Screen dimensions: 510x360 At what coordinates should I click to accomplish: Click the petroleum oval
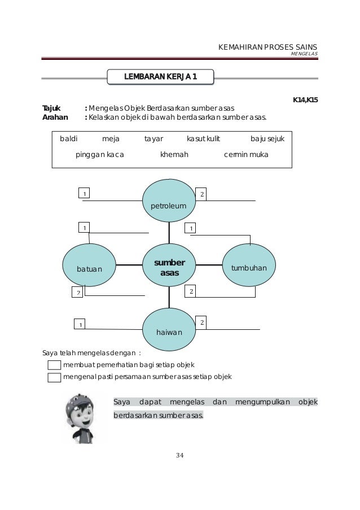pyautogui.click(x=168, y=202)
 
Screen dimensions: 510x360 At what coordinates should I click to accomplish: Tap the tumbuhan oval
pyautogui.click(x=249, y=264)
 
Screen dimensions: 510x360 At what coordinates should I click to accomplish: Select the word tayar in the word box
pyautogui.click(x=153, y=138)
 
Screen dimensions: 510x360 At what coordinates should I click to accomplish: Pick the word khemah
pyautogui.click(x=174, y=155)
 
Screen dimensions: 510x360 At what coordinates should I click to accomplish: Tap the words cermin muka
pyautogui.click(x=246, y=155)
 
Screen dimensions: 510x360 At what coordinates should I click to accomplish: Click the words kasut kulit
pyautogui.click(x=203, y=138)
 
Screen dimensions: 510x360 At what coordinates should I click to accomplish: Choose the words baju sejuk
pyautogui.click(x=267, y=138)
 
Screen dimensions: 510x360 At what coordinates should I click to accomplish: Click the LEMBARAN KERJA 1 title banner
pyautogui.click(x=160, y=76)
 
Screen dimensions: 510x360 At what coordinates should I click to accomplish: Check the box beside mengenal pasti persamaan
pyautogui.click(x=54, y=377)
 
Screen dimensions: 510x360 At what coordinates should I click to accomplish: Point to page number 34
pyautogui.click(x=179, y=455)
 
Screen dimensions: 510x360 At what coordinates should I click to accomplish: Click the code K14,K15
pyautogui.click(x=305, y=99)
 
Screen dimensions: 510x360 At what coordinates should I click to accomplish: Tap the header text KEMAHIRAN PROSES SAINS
pyautogui.click(x=267, y=47)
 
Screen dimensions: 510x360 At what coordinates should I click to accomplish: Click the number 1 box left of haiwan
pyautogui.click(x=81, y=324)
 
